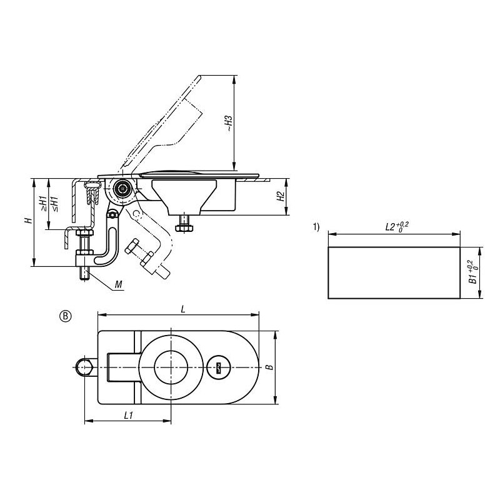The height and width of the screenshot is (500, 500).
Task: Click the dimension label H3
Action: (x=229, y=124)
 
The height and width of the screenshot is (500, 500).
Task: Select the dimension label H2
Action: (x=280, y=196)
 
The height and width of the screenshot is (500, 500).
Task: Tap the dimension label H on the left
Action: (x=29, y=221)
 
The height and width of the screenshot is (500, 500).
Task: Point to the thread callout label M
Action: (x=118, y=284)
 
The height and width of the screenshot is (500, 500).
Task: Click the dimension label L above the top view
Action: (x=183, y=309)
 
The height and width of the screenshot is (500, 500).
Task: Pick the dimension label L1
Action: (x=129, y=415)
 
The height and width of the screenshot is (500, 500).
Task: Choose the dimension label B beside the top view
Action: (x=270, y=367)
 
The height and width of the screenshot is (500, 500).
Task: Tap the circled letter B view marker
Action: (x=66, y=316)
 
